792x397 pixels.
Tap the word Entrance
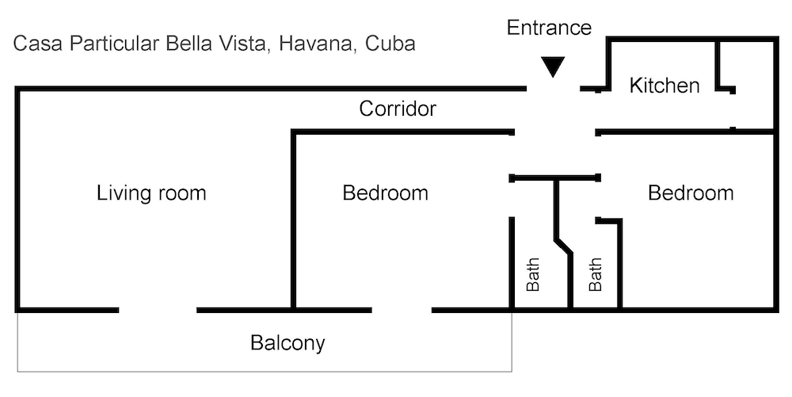[549, 28]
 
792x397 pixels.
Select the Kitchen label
[664, 86]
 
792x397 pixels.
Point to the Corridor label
[398, 109]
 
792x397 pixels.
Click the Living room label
[150, 193]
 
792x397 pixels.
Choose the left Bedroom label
[385, 193]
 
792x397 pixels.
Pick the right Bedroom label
[691, 193]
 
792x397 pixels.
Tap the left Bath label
[533, 274]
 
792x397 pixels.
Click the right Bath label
[596, 274]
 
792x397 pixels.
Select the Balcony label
[287, 344]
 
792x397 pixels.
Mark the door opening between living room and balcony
[158, 309]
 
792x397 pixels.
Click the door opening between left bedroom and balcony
[402, 309]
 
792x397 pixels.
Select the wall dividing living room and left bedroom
[293, 222]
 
